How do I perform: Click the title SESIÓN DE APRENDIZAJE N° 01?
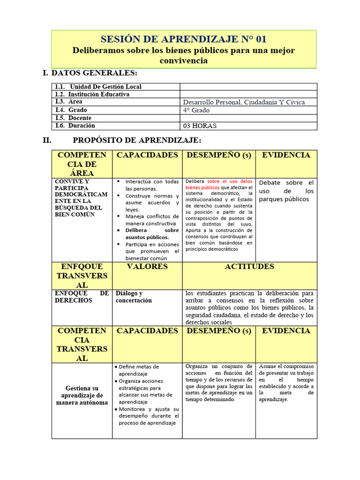point(183,39)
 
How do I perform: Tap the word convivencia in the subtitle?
point(183,61)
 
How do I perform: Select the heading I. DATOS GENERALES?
point(90,73)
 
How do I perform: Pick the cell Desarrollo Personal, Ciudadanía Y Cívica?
point(244,102)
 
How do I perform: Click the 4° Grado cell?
point(196,110)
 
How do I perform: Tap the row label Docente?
point(80,118)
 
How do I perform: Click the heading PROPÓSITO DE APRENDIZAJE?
point(137,140)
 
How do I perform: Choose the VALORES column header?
point(147,267)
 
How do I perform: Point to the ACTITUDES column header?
point(249,267)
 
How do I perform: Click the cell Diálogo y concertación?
point(134,297)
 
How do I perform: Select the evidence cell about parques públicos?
point(286,191)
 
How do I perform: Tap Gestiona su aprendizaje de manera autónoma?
point(82,395)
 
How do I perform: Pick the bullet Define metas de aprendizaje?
point(139,370)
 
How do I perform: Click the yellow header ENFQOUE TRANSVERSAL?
point(82,276)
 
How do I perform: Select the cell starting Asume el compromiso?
point(286,382)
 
